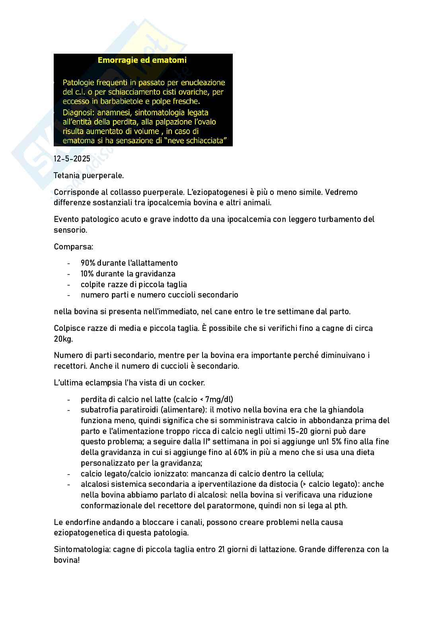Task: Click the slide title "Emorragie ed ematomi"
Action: [142, 60]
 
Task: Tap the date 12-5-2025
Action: [72, 159]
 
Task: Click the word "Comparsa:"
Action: [73, 247]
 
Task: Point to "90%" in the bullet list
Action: [88, 263]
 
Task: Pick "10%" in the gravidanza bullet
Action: [88, 274]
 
